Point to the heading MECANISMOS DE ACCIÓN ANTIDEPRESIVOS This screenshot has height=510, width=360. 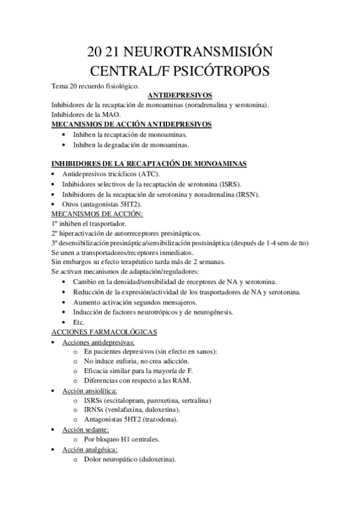[132, 124]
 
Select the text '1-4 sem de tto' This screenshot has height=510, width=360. [285, 242]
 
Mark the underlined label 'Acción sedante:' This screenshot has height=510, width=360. [86, 429]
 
